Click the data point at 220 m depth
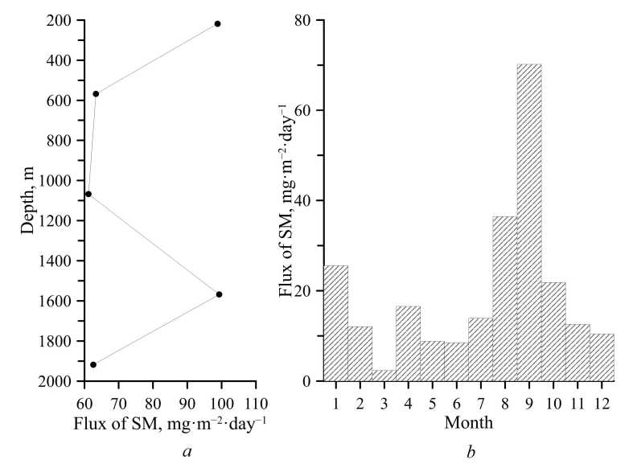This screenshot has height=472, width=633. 218,24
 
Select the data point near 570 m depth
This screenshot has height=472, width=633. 96,94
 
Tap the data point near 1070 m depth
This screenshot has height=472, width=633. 88,194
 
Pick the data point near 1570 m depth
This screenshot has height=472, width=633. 219,294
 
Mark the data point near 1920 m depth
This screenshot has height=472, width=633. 93,365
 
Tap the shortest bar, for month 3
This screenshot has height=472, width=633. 384,375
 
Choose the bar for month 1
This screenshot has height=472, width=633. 335,322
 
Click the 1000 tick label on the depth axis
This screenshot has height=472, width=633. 60,181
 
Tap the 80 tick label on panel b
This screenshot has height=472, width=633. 302,19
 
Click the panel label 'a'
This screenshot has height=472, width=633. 187,452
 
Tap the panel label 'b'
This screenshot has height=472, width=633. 471,452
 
